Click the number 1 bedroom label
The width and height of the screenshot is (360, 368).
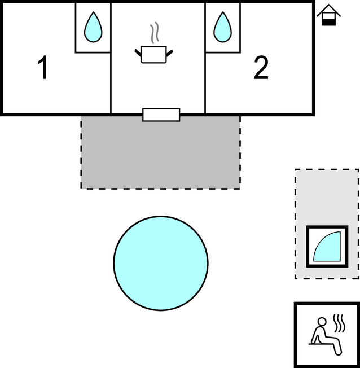click(x=43, y=68)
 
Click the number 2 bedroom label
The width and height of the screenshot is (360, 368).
click(x=261, y=68)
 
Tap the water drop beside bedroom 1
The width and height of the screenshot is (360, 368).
click(x=93, y=27)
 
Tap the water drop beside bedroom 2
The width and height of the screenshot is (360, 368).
click(x=223, y=27)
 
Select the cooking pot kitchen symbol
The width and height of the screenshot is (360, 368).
click(x=153, y=54)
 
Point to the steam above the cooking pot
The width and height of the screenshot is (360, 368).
click(x=155, y=33)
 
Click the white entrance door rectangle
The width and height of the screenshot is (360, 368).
click(x=161, y=115)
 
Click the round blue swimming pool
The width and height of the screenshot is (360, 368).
click(x=161, y=264)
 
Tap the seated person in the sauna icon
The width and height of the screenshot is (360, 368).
click(x=325, y=336)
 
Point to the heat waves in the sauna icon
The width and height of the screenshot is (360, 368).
click(x=339, y=323)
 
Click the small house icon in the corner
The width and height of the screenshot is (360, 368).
click(x=328, y=15)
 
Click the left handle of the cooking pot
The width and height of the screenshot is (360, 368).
click(x=138, y=53)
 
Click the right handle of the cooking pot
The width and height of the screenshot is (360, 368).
click(x=169, y=53)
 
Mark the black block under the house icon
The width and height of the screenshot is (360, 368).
click(x=328, y=23)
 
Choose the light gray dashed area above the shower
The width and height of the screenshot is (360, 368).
click(x=327, y=197)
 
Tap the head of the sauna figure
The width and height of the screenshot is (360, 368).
click(x=322, y=322)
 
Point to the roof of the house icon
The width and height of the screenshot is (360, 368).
click(x=328, y=10)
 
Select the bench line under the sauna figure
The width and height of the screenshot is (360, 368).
click(x=321, y=344)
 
